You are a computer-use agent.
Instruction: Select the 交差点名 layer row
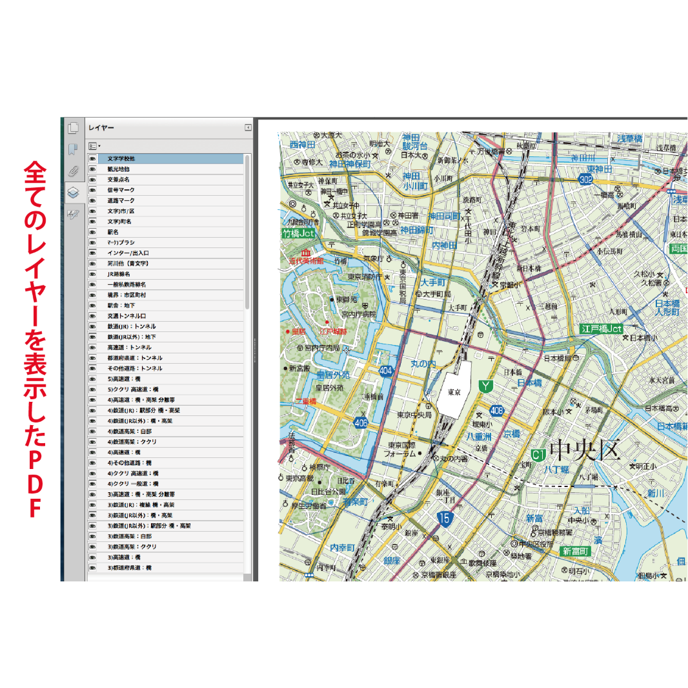[119, 179]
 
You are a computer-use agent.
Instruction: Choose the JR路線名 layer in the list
[119, 274]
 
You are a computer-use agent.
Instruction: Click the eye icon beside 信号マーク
[93, 190]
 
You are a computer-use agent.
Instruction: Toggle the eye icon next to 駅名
[93, 232]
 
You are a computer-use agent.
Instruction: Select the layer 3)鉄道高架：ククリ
[132, 547]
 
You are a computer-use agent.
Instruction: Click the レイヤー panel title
[101, 128]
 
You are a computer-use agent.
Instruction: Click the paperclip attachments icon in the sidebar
[73, 171]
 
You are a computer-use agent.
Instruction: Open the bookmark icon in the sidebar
[73, 150]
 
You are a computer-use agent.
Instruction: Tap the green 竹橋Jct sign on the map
[298, 234]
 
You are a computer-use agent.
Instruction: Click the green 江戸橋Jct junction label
[602, 329]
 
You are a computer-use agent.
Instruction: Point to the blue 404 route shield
[386, 371]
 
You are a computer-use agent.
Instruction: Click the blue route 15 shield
[443, 518]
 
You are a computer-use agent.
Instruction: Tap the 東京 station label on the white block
[454, 393]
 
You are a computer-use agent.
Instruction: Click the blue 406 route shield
[361, 422]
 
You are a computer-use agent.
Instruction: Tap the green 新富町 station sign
[575, 551]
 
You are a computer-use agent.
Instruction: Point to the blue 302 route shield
[585, 180]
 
